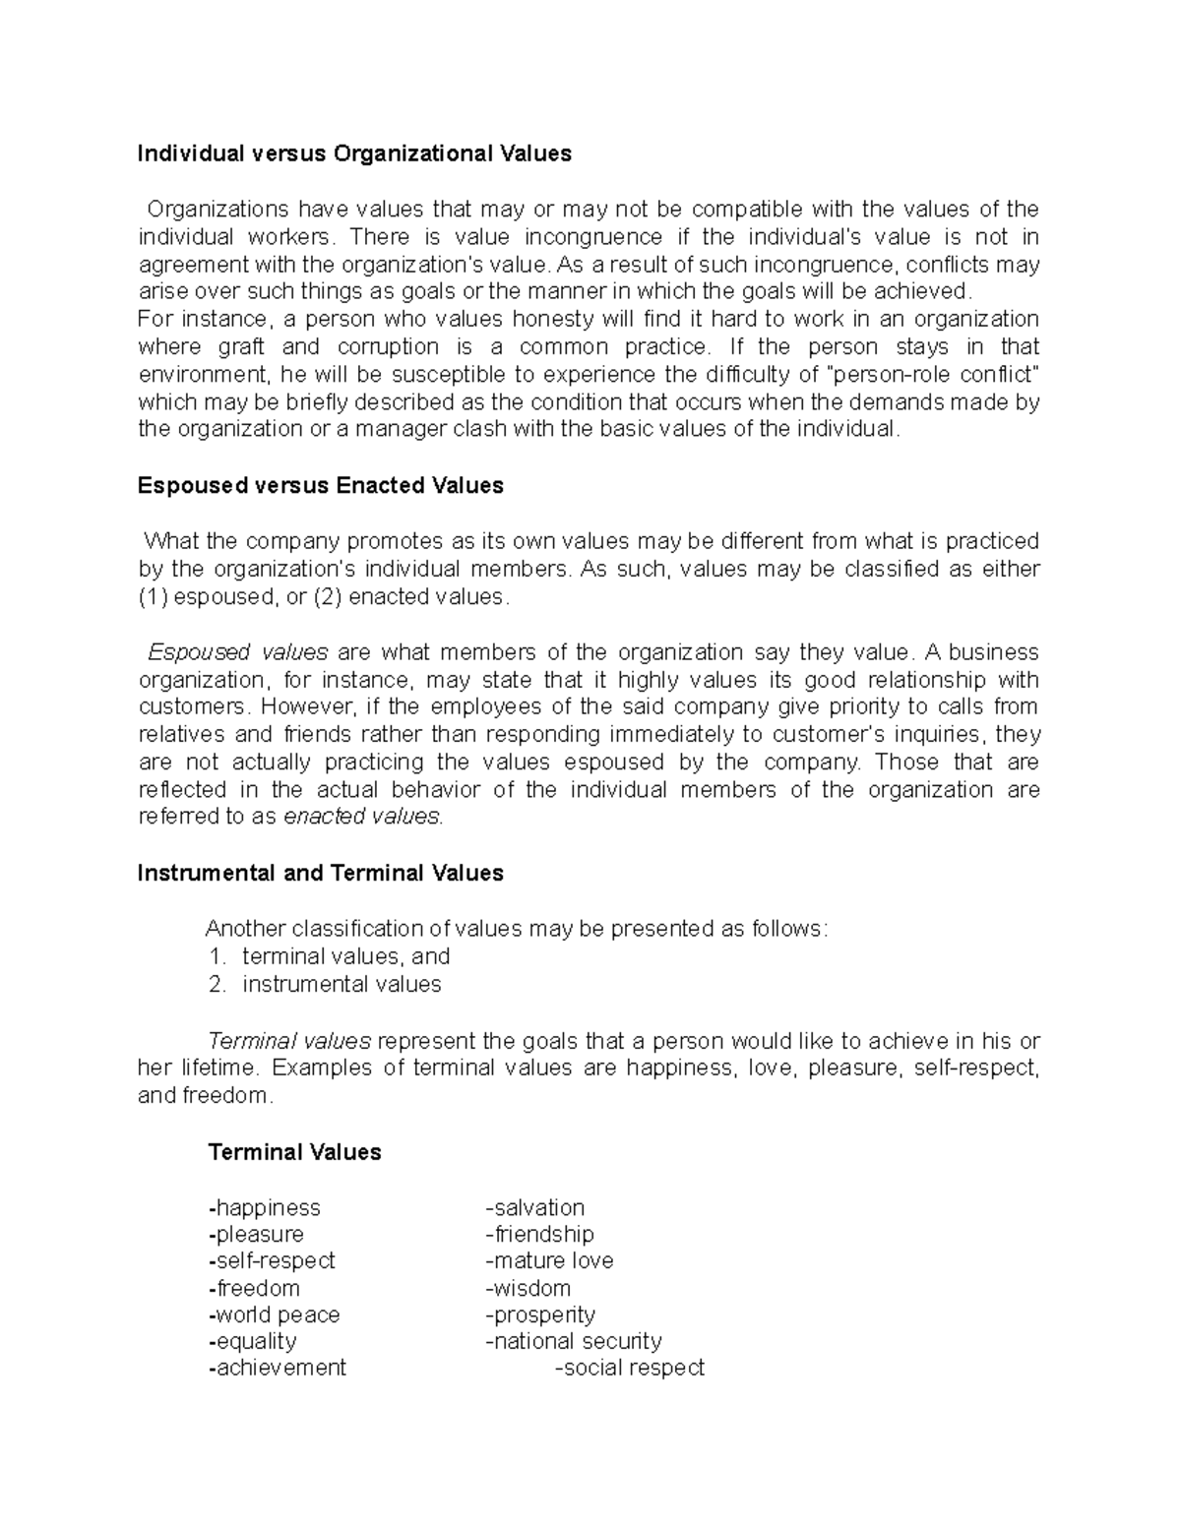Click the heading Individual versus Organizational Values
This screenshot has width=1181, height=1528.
point(354,153)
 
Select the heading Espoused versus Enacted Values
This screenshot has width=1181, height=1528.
point(321,486)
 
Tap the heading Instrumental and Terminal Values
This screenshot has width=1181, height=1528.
point(321,874)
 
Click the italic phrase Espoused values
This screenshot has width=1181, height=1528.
point(237,652)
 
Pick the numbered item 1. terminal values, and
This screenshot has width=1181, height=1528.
point(330,956)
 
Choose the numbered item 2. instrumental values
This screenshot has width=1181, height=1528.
point(326,984)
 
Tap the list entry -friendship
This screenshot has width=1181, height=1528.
point(539,1234)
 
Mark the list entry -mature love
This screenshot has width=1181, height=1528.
point(549,1260)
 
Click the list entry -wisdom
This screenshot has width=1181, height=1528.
point(528,1288)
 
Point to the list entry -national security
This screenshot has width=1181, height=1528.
point(574,1341)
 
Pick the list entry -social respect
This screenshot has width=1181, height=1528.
point(630,1368)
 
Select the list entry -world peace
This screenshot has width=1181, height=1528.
point(275,1314)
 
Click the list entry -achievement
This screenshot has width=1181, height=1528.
point(278,1368)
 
